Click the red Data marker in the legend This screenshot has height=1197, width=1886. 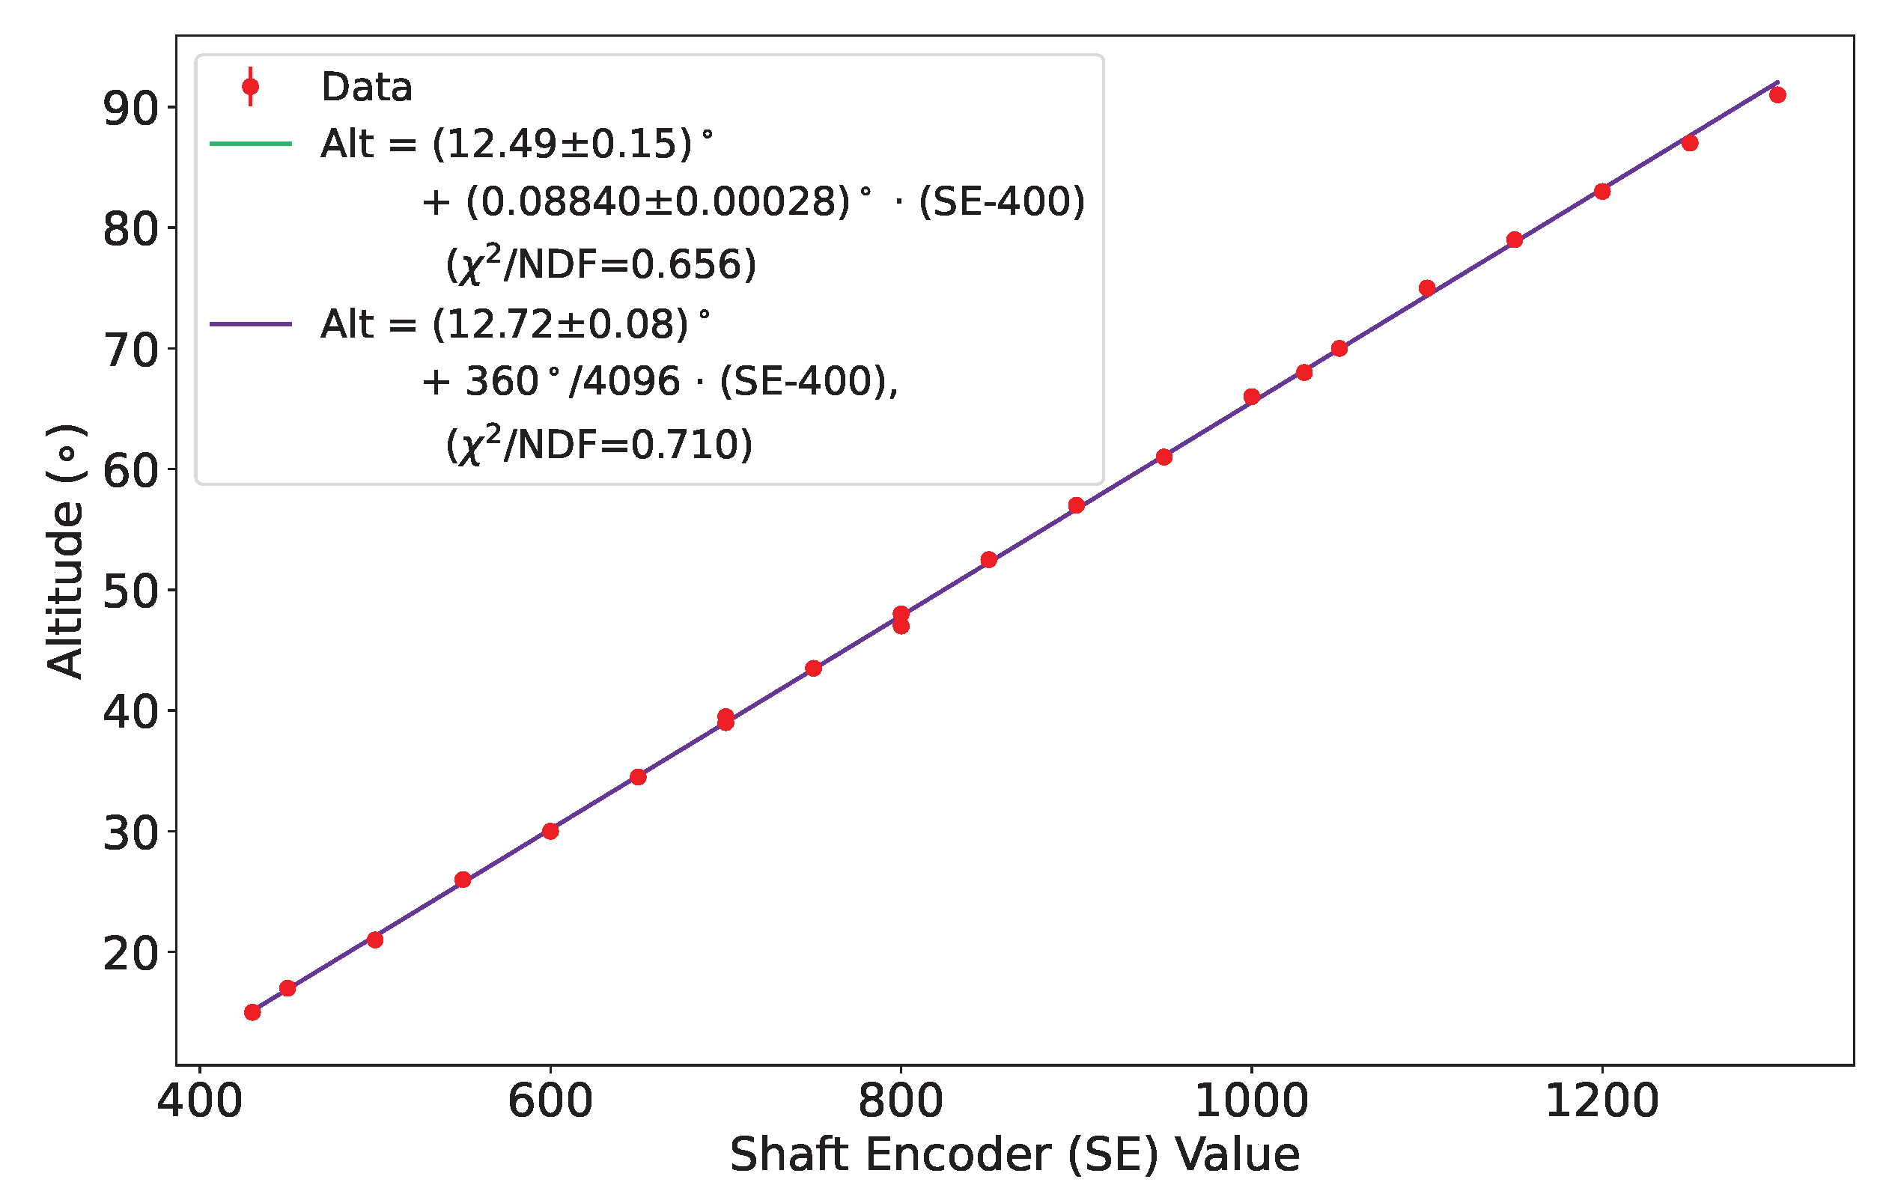tap(251, 86)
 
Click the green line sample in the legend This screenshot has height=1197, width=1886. tap(251, 144)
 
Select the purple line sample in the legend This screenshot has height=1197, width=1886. tap(251, 324)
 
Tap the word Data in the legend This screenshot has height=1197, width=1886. tap(367, 86)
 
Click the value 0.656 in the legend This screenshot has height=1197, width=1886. tap(686, 264)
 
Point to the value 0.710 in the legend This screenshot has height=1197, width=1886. tap(684, 445)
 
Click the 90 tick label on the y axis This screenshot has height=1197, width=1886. tap(130, 109)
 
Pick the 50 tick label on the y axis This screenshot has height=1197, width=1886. tap(130, 592)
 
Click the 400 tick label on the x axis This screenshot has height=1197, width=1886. tap(200, 1101)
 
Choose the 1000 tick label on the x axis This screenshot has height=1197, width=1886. tap(1251, 1101)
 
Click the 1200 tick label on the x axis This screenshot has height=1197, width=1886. tap(1601, 1101)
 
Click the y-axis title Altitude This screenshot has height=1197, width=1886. tap(65, 552)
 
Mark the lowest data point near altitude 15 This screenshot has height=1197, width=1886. tap(252, 1012)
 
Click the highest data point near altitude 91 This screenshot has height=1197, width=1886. tap(1778, 95)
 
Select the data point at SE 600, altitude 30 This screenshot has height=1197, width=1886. tap(550, 831)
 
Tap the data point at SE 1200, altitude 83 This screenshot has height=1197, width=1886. tap(1602, 191)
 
